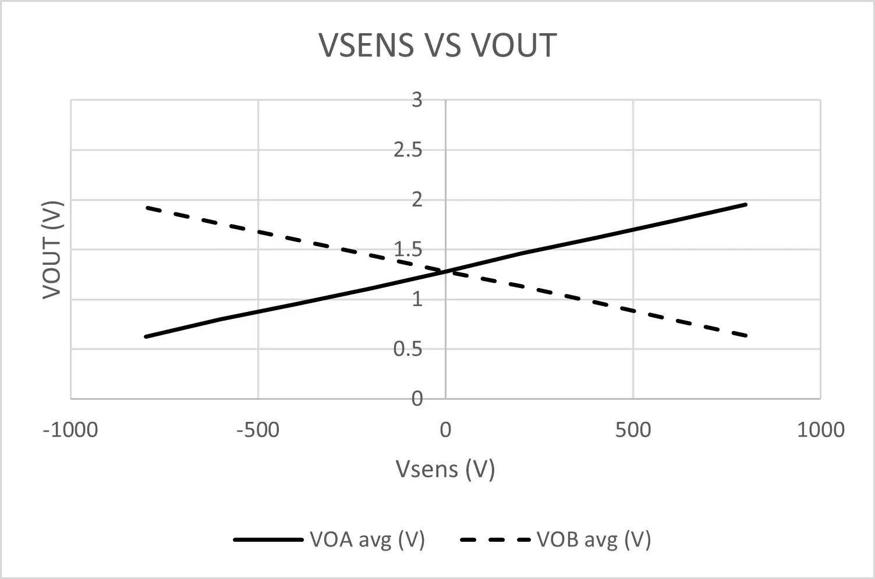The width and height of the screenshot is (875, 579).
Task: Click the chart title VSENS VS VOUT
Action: pyautogui.click(x=438, y=45)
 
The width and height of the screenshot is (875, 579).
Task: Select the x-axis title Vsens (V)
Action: pyautogui.click(x=445, y=468)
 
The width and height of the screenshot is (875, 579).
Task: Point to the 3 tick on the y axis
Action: pyautogui.click(x=416, y=100)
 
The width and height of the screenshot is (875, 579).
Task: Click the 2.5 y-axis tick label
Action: pyautogui.click(x=408, y=150)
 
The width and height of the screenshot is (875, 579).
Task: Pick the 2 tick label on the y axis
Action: pyautogui.click(x=416, y=200)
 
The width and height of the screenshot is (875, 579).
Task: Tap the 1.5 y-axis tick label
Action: pyautogui.click(x=408, y=250)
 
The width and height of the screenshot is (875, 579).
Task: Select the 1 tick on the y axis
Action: pyautogui.click(x=416, y=300)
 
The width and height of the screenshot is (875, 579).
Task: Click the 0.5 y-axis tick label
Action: pyautogui.click(x=408, y=349)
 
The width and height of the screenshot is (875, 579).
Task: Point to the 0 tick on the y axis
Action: pyautogui.click(x=416, y=399)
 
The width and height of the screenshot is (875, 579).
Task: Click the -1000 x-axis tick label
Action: pyautogui.click(x=70, y=430)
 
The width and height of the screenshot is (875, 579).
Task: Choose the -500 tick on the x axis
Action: pyautogui.click(x=258, y=430)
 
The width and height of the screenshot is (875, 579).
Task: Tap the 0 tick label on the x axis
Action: pyautogui.click(x=445, y=430)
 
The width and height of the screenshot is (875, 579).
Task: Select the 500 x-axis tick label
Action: pyautogui.click(x=633, y=430)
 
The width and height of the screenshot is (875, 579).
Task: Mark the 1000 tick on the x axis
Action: pyautogui.click(x=820, y=430)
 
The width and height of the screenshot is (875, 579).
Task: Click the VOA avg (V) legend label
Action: pyautogui.click(x=367, y=539)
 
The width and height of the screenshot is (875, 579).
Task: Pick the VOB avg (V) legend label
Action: pyautogui.click(x=593, y=539)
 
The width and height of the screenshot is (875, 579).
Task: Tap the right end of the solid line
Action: pyautogui.click(x=746, y=204)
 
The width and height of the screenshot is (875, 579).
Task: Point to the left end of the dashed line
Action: pyautogui.click(x=146, y=207)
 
